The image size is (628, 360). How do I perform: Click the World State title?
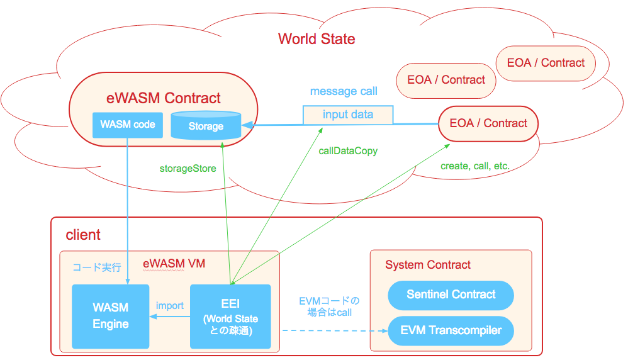[x=317, y=39]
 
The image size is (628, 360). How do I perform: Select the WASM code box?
[x=127, y=125]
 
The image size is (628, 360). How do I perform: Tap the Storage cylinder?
[x=206, y=125]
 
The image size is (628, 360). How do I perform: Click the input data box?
[x=348, y=115]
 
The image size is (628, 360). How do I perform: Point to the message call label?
[x=344, y=91]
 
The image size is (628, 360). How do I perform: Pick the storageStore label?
[x=188, y=168]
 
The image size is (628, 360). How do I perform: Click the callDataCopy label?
[x=348, y=151]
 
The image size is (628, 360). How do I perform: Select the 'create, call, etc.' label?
[x=475, y=166]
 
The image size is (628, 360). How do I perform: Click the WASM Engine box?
[x=111, y=316]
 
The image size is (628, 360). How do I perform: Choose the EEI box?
[x=230, y=316]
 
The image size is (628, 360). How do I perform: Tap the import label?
[x=170, y=305]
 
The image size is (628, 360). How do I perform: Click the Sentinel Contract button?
[x=451, y=295]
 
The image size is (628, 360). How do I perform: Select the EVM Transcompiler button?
[x=451, y=330]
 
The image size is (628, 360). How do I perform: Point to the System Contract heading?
[x=428, y=265]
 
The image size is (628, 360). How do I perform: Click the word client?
[x=83, y=235]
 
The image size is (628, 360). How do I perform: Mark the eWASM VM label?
[x=174, y=264]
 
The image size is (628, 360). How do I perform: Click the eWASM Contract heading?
[x=164, y=98]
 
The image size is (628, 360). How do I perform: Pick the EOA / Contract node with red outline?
[x=488, y=123]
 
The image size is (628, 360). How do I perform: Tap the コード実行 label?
[x=96, y=267]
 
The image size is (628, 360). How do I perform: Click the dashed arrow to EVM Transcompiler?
[x=334, y=330]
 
